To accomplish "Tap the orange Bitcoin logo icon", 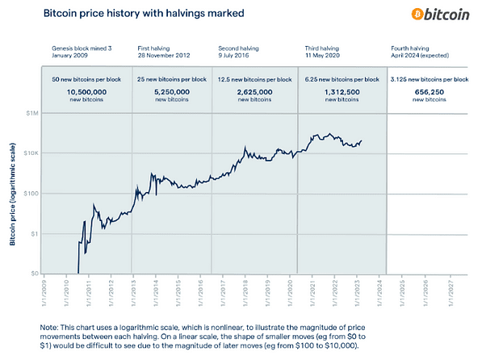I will pos(418,15).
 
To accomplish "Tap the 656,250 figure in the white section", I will pos(429,94).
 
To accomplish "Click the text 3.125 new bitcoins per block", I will pos(429,79).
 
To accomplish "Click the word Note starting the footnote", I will pos(51,326).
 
